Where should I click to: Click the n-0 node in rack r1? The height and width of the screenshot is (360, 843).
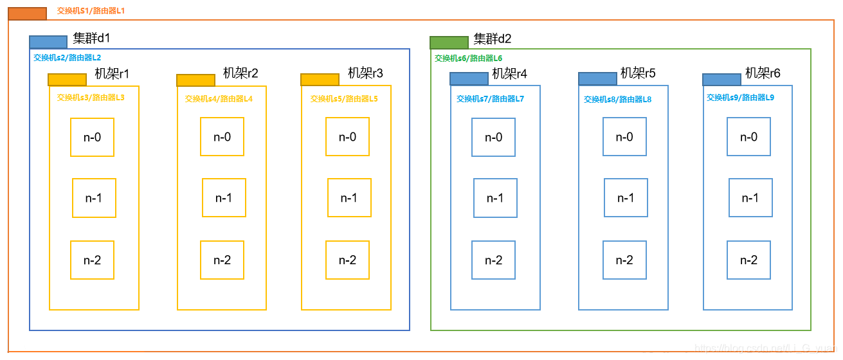[92, 137]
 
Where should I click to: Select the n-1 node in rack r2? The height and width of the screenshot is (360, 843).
[224, 198]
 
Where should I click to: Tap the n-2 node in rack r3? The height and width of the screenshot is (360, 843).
[347, 260]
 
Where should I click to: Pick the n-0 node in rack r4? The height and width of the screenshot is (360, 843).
[493, 137]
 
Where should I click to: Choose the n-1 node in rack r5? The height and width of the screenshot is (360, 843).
[626, 198]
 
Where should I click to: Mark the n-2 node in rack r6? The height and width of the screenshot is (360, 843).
[748, 260]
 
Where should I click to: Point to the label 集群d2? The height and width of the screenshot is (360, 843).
[493, 39]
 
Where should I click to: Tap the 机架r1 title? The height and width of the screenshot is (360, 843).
[112, 74]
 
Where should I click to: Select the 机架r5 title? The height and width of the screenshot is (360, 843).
[638, 73]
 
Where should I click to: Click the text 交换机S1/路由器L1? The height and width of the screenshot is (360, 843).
[91, 11]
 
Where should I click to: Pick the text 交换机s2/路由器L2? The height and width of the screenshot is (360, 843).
[67, 57]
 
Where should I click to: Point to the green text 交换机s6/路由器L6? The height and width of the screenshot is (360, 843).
[468, 58]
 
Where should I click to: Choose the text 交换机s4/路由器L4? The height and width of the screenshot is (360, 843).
[219, 99]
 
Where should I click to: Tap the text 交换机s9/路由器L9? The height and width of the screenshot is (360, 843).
[740, 98]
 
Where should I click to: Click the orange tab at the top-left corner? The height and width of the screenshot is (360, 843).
[27, 14]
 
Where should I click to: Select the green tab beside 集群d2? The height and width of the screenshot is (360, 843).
[449, 42]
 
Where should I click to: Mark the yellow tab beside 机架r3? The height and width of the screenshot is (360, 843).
[320, 80]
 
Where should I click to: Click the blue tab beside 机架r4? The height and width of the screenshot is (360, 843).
[469, 78]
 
